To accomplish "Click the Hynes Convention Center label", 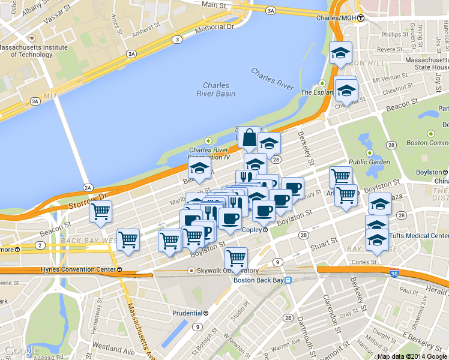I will pos(79,269).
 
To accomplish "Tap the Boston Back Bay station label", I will pos(258,280).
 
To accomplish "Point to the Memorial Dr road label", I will pos(213,27).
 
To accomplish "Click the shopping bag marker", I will pos(249,138).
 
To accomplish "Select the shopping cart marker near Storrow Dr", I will pos(100,212).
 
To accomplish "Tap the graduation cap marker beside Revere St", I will pos(340,53).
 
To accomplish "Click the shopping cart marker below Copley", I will pos(237,259).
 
